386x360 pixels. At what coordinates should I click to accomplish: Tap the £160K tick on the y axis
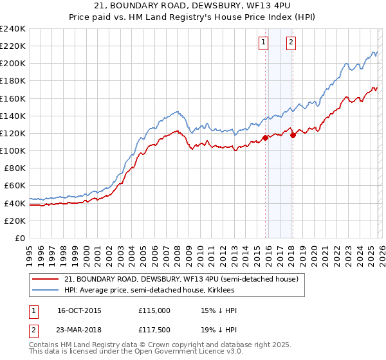point(13,98)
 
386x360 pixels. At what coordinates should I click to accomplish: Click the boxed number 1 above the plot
point(264,43)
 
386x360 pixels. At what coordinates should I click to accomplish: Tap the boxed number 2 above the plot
point(291,43)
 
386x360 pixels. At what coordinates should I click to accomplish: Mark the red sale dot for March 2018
point(293,135)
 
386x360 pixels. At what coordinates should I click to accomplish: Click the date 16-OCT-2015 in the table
point(79,310)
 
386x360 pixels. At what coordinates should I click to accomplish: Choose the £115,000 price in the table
point(154,310)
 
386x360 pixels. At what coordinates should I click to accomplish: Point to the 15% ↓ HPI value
point(219,310)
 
